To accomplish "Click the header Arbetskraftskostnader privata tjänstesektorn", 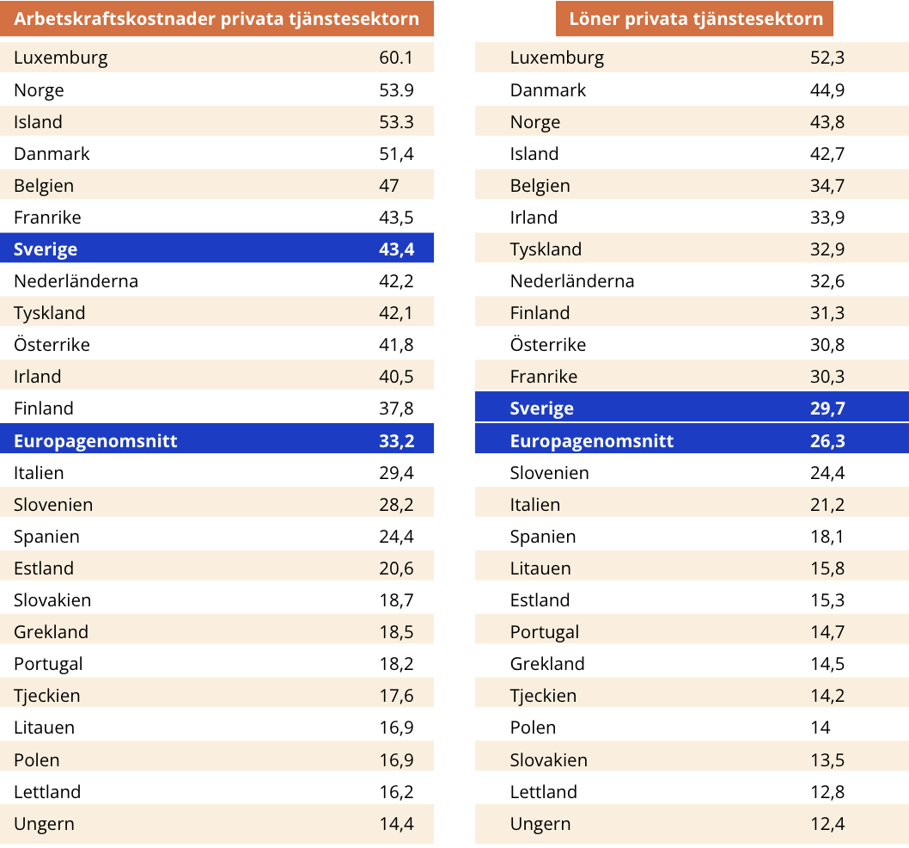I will pos(217,19).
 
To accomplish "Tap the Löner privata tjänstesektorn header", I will pos(696,19).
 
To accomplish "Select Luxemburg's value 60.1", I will pos(396,58).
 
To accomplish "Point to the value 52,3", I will pos(827,58).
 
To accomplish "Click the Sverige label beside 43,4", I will pos(46,249).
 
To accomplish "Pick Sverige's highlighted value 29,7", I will pos(827,409).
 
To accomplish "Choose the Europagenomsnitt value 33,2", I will pos(396,441).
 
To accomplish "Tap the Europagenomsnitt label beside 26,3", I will pos(592,441).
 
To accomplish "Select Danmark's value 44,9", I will pos(827,90).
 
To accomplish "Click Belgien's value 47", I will pos(389,186).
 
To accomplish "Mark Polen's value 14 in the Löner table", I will pos(821,728).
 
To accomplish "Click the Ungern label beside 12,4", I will pos(540,824).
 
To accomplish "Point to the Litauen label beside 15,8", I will pos(540,568).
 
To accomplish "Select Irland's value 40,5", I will pos(396,377).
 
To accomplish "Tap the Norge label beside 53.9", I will pos(39,90).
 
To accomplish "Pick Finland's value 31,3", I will pos(827,313).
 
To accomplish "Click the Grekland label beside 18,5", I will pos(51,632).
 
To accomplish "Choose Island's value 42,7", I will pos(827,154).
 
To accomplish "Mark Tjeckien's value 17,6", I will pos(396,696).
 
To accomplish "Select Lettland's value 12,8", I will pos(827,792).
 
